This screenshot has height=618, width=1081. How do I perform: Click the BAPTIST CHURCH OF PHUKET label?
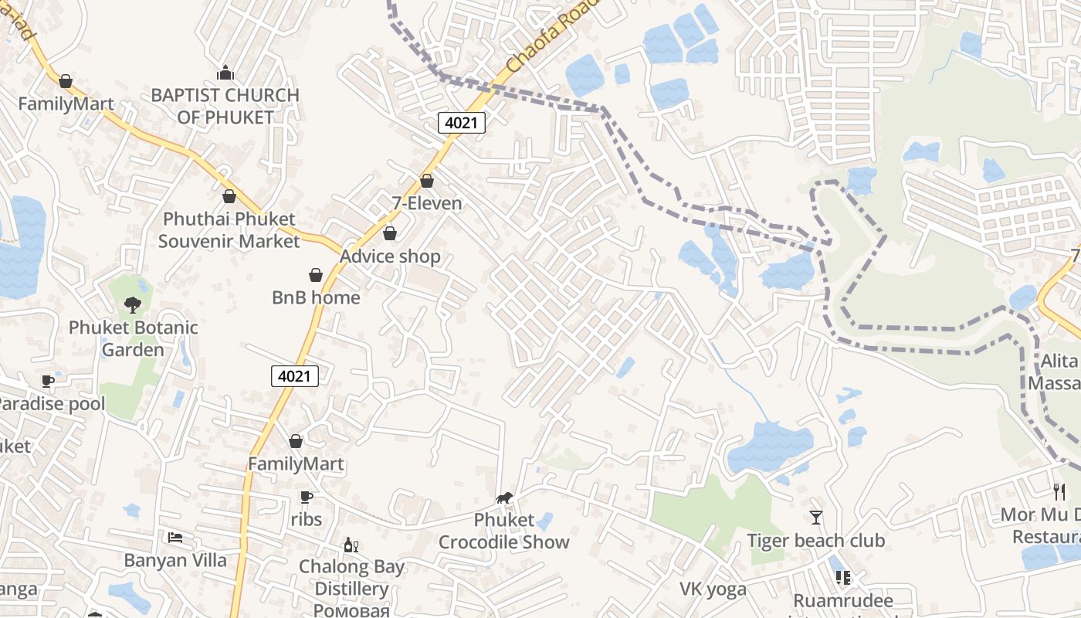[x=225, y=106]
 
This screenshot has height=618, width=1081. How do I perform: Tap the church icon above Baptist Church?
[x=225, y=73]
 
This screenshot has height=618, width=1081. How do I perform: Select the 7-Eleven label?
[x=427, y=203]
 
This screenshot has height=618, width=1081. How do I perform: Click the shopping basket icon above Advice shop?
[x=390, y=233]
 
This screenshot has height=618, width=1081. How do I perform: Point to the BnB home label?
[x=316, y=297]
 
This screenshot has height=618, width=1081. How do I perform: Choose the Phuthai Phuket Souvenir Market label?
[x=229, y=230]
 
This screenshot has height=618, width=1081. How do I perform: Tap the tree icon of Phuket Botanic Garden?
[x=133, y=304]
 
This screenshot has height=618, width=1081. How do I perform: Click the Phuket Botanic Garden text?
[x=134, y=338]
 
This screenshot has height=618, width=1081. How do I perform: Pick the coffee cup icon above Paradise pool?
[x=48, y=381]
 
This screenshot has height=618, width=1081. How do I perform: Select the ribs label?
[x=307, y=520]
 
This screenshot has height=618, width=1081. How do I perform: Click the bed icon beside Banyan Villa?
[x=175, y=537]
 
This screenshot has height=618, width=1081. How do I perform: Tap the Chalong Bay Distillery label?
[x=351, y=577]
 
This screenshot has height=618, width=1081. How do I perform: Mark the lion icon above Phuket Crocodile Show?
[x=504, y=498]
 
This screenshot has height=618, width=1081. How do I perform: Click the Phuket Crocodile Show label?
[x=504, y=531]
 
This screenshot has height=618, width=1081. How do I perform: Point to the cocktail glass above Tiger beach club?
[x=816, y=517]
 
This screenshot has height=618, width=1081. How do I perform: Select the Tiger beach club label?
[x=815, y=540]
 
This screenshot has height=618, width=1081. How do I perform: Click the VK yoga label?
[x=713, y=589]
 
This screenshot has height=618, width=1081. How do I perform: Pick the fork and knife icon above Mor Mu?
[x=1059, y=491]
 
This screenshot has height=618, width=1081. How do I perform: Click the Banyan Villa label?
[x=175, y=560]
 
